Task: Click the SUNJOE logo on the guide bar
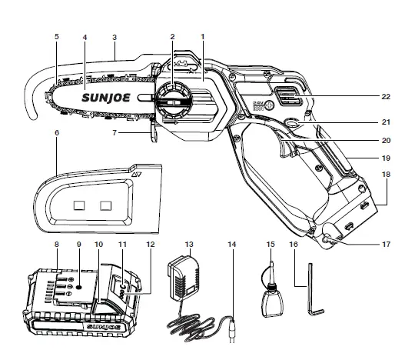pos(108,98)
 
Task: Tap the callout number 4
pos(85,35)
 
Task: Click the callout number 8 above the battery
pos(57,244)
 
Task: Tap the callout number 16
pos(293,244)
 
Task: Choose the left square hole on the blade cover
pos(78,205)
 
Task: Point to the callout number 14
pos(231,244)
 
